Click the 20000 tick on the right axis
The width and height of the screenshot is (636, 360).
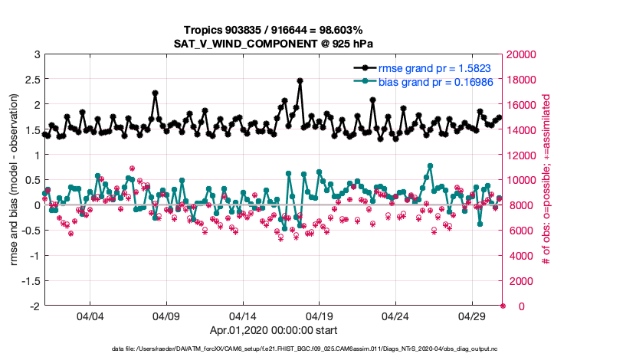pyautogui.click(x=522, y=54)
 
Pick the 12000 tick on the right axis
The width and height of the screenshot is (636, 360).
pyautogui.click(x=522, y=155)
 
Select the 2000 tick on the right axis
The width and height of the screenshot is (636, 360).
pyautogui.click(x=520, y=281)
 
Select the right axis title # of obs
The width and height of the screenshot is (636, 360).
pyautogui.click(x=546, y=180)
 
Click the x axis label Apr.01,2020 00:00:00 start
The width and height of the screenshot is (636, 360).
pyautogui.click(x=273, y=331)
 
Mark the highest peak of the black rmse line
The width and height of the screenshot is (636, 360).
pyautogui.click(x=300, y=80)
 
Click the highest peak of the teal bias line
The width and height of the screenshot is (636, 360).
pyautogui.click(x=431, y=165)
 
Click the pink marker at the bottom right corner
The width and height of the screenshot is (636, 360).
pyautogui.click(x=503, y=306)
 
